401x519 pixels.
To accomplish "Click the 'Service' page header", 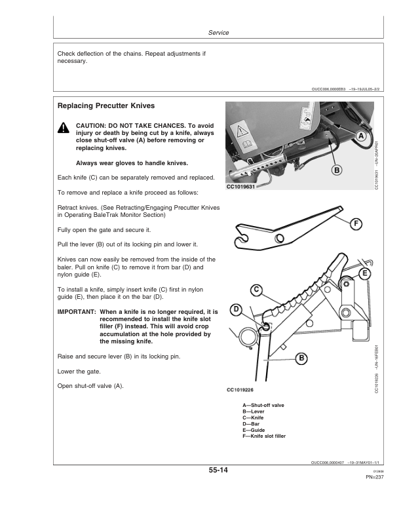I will [x=218, y=33].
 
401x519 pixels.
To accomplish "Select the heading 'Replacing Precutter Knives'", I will [x=106, y=106].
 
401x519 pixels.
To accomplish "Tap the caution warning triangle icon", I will [x=63, y=129].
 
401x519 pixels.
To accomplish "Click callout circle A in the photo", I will [x=360, y=136].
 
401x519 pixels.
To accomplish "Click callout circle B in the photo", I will [x=337, y=170].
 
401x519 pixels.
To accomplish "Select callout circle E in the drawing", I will [x=364, y=273].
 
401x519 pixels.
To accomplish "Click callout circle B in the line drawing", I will [x=301, y=358].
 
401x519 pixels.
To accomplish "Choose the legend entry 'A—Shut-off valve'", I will [x=263, y=406].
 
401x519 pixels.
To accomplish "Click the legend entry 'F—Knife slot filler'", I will [x=264, y=436].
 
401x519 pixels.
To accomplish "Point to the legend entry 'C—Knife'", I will [x=254, y=417].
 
